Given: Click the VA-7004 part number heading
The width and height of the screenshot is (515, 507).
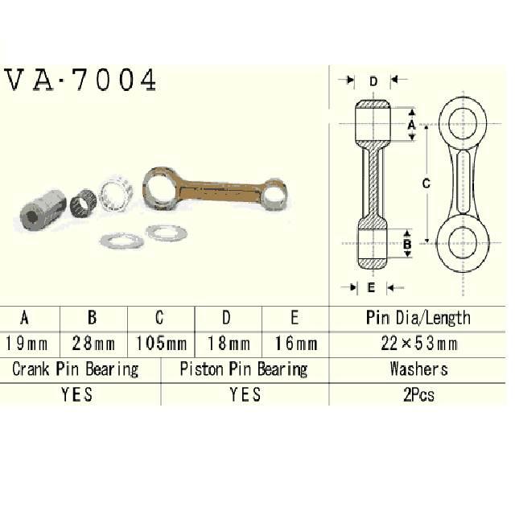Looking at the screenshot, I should pos(80,81).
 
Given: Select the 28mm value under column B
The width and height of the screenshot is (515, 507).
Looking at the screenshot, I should pos(93,344).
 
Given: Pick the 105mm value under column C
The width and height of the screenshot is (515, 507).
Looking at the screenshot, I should pos(161,344).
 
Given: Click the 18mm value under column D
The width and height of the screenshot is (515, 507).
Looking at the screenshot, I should pos(228,344).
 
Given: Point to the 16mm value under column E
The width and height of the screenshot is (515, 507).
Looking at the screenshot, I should pos(295,344).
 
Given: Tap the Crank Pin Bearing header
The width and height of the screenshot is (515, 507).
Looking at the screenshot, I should pos(76,369).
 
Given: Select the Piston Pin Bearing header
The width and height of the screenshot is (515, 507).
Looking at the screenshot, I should pos(243,369).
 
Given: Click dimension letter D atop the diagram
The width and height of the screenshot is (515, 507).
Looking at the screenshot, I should pos(373,81).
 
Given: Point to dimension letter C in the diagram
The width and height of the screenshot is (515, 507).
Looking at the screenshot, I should pos(426,183).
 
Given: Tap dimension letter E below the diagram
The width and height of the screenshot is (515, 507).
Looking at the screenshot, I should pos(371,286).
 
